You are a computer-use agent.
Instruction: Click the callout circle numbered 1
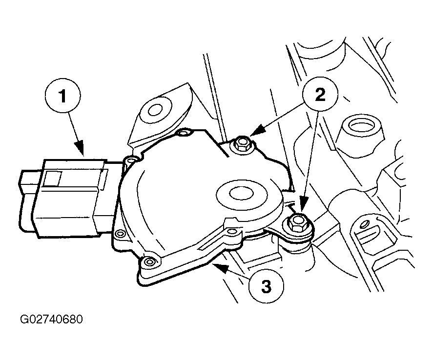(63, 95)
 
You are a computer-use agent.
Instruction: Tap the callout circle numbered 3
(266, 286)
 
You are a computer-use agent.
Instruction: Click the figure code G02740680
(51, 319)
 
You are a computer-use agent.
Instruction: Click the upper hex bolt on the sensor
(242, 144)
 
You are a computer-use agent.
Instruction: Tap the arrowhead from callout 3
(220, 267)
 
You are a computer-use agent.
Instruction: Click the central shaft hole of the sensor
(242, 194)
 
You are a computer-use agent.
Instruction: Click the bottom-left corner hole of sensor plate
(150, 261)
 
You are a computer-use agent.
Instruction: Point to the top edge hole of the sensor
(184, 134)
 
